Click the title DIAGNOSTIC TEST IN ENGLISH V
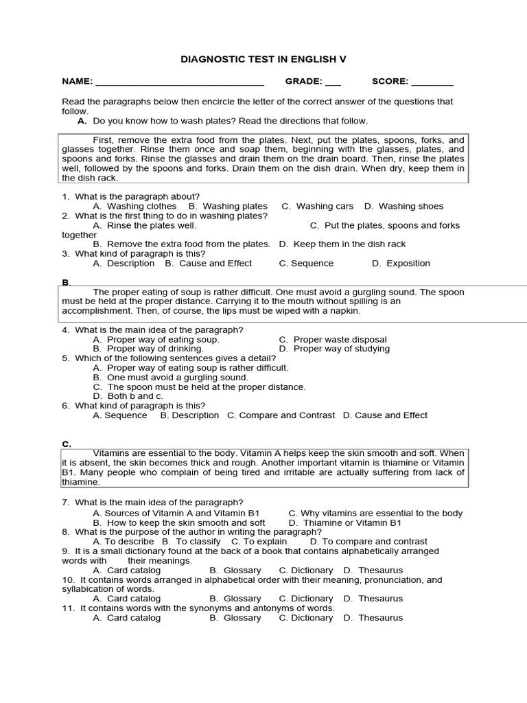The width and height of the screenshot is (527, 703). pos(263,60)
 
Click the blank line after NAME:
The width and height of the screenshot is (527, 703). pos(180,83)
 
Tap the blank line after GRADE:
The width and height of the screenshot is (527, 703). pos(333,83)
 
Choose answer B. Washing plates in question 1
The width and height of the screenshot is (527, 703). pos(228,206)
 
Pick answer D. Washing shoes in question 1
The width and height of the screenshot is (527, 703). pos(403,206)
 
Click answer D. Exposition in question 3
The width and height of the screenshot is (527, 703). pos(401,263)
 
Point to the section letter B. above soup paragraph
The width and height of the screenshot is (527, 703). pos(67,282)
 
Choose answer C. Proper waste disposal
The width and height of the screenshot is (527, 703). pos(333,339)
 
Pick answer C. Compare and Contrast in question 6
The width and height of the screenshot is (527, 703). pos(281,415)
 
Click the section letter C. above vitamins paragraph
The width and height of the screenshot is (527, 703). pos(67,444)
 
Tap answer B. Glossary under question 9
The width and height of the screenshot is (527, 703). pos(235,570)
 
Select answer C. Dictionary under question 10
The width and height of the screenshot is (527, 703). pos(306,599)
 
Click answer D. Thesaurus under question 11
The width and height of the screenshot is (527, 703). pos(373,617)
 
